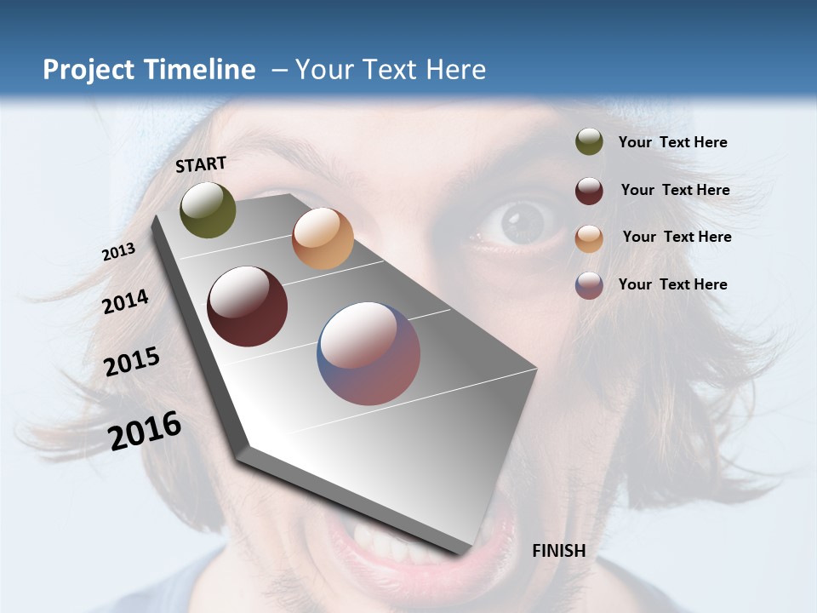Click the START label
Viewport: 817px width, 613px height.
tap(201, 164)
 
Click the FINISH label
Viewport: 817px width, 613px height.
tap(558, 551)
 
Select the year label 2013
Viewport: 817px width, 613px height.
tap(118, 252)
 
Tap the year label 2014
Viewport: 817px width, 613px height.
tap(125, 301)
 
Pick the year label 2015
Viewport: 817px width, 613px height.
tap(132, 362)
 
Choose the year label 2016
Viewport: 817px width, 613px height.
tap(145, 430)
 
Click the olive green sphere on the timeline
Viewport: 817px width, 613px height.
tap(208, 209)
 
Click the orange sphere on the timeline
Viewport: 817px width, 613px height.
tap(323, 238)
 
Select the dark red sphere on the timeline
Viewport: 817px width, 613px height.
tap(248, 306)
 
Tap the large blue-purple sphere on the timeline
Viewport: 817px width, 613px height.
tap(369, 353)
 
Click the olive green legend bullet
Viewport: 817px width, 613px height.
tap(589, 142)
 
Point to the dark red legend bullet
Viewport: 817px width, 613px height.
tap(589, 191)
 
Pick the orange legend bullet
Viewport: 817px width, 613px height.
tap(589, 238)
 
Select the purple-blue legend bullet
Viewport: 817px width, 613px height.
tap(589, 285)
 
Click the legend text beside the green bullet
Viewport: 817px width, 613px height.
tap(672, 142)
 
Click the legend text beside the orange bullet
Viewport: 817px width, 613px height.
tap(677, 237)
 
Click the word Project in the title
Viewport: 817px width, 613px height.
tap(89, 70)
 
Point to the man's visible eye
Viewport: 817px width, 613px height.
tap(521, 224)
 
